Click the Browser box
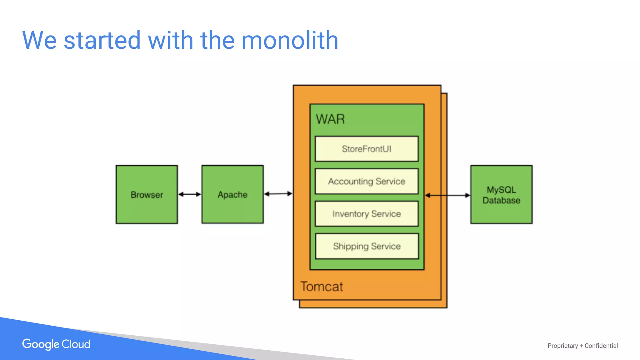point(147,194)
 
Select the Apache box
point(232,194)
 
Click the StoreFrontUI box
point(366,149)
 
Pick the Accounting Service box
point(366,181)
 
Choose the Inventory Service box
point(366,214)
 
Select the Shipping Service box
point(366,246)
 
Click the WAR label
point(330,119)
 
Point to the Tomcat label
point(322,287)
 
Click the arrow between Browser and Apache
point(189,194)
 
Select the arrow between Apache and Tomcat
point(278,194)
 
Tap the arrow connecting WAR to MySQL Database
point(447,195)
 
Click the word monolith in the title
point(290,40)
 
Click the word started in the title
point(102,40)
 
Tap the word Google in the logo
point(41,344)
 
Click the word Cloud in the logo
point(76,344)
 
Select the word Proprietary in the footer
point(562,346)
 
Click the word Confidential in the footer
point(601,346)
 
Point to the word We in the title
point(39,40)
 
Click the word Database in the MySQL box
point(501,200)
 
